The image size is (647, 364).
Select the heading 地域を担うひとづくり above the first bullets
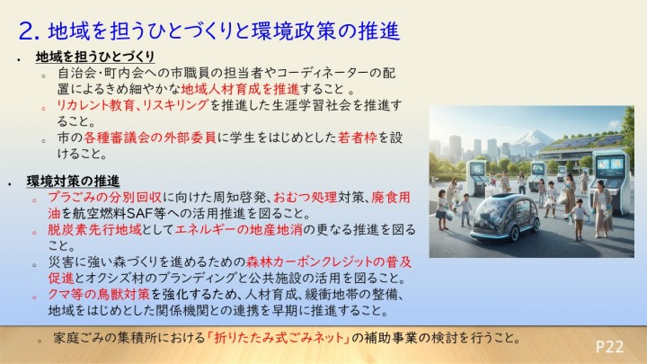point(84,57)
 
